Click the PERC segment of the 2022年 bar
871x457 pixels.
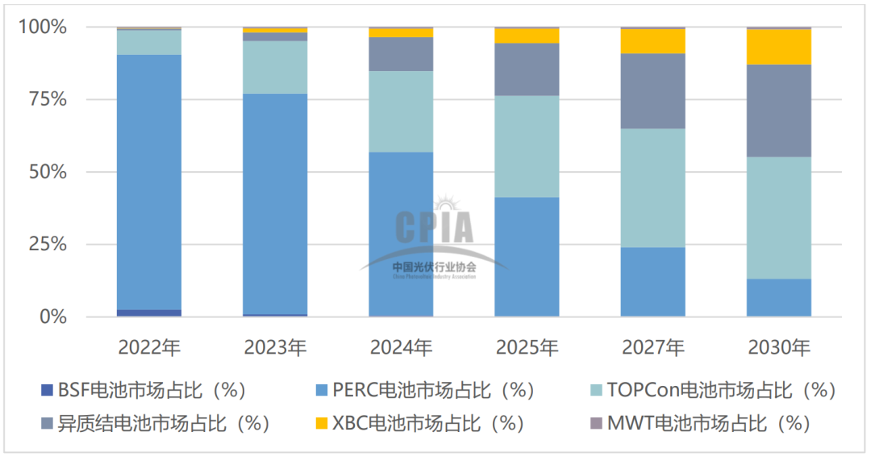[x=149, y=182]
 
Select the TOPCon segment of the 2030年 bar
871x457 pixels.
[x=779, y=218]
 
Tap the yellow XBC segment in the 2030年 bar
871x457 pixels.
[x=779, y=47]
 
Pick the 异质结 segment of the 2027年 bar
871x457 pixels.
[x=653, y=91]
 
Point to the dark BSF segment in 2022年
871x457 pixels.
[x=149, y=312]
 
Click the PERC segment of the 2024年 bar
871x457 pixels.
[x=401, y=234]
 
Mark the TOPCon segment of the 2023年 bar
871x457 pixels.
[x=275, y=67]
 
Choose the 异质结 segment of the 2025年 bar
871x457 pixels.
[x=527, y=69]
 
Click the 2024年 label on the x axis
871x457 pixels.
[x=401, y=348]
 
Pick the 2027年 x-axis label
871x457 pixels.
[x=653, y=348]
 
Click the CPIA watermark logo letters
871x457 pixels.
[x=435, y=227]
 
